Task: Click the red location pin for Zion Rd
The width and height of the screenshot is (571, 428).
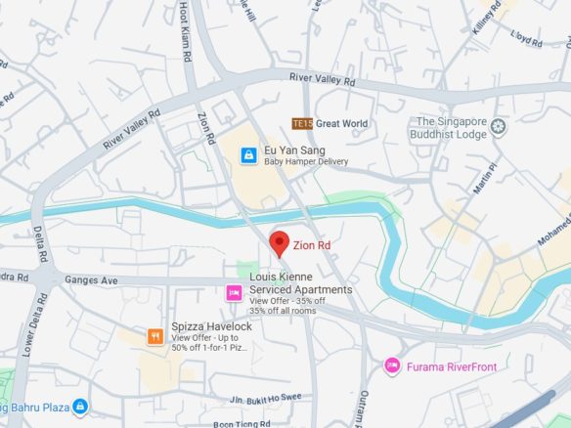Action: click(x=279, y=243)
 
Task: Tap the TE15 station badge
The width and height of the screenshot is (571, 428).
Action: click(x=301, y=123)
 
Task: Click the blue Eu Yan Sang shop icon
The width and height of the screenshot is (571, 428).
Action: click(x=249, y=153)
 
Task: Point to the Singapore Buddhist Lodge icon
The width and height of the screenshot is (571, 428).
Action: click(x=500, y=125)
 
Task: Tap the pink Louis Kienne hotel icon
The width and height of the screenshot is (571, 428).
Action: click(x=234, y=291)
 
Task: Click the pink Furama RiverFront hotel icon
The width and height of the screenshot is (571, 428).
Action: click(x=392, y=365)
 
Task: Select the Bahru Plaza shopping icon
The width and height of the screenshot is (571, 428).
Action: click(x=79, y=406)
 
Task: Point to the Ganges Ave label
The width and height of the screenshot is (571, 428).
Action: click(x=93, y=279)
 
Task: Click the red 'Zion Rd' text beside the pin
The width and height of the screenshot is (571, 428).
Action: click(x=313, y=246)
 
